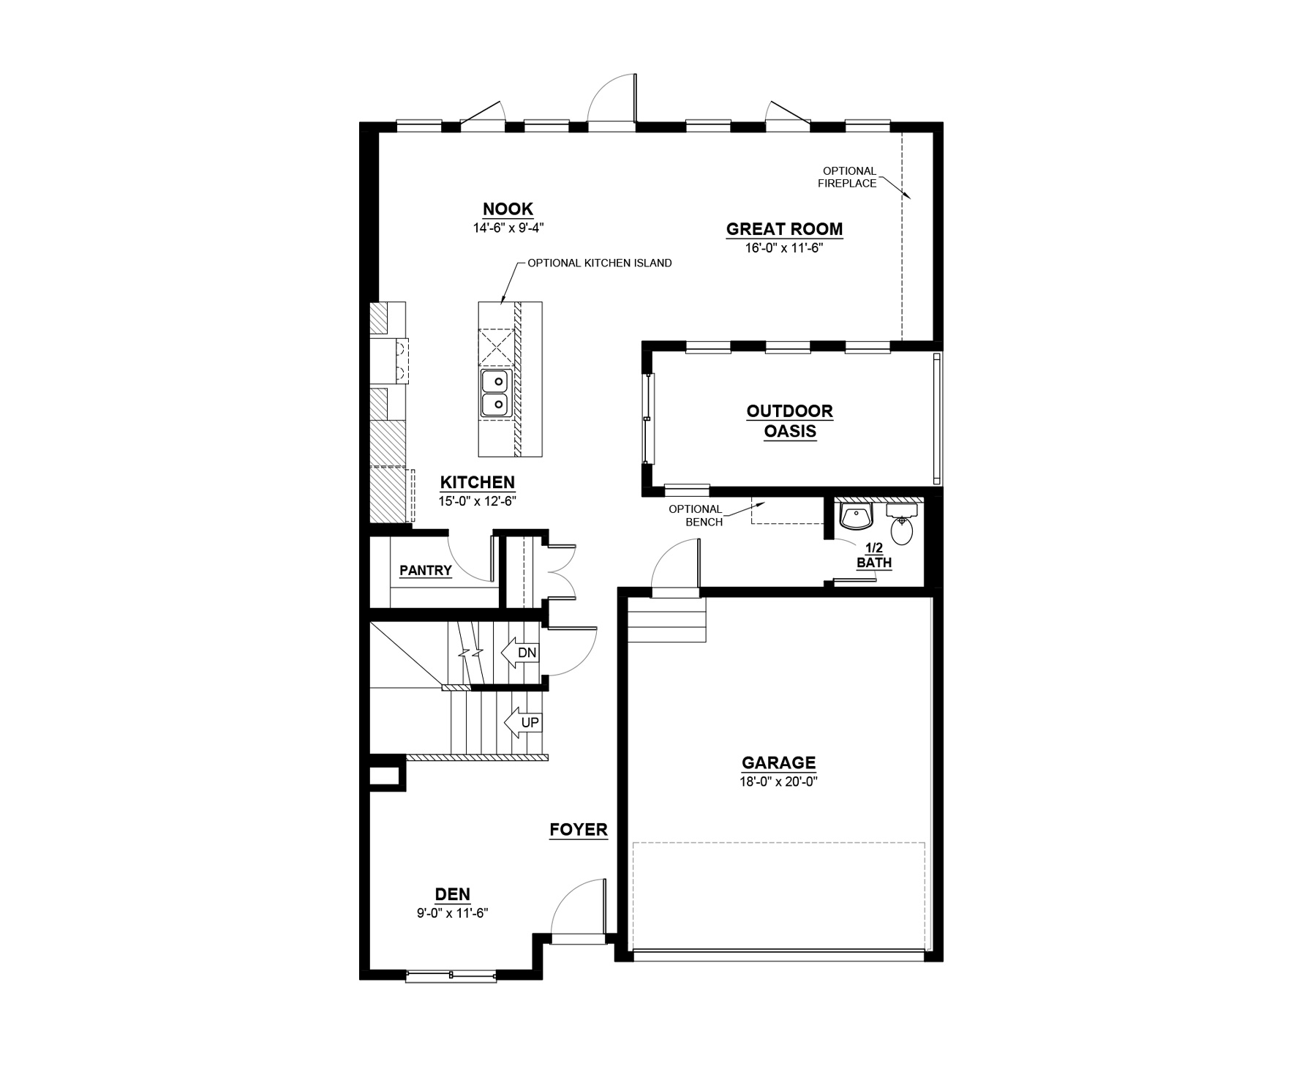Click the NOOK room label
click(x=508, y=209)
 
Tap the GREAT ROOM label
click(x=784, y=229)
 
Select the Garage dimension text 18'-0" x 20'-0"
click(x=779, y=781)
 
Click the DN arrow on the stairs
click(x=521, y=652)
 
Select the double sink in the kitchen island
click(x=494, y=392)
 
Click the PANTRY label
click(x=426, y=571)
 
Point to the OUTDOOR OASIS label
click(x=790, y=421)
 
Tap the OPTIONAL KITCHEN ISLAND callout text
click(x=599, y=263)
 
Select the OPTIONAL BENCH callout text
click(x=696, y=515)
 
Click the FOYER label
click(x=579, y=829)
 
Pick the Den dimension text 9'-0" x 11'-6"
click(x=452, y=913)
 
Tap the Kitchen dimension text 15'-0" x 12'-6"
click(x=477, y=501)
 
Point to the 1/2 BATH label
click(x=874, y=555)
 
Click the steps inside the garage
click(x=666, y=619)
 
